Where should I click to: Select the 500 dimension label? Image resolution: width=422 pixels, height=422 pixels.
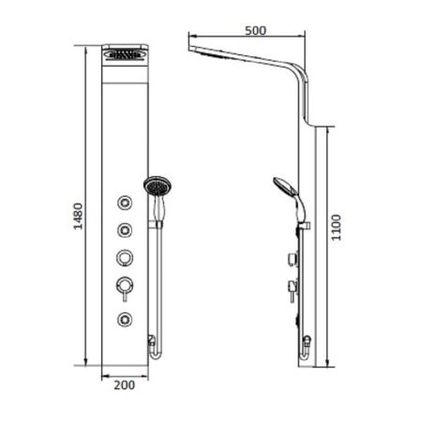click(254, 29)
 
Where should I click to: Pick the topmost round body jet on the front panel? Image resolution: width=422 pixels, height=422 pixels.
click(124, 203)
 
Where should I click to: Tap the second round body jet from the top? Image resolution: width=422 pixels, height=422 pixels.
click(124, 229)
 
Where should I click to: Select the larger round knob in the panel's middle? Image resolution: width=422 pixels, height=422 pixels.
click(124, 256)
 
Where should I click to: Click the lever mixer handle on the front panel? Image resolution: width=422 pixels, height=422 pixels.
click(124, 285)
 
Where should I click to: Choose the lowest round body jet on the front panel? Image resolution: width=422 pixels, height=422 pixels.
click(124, 319)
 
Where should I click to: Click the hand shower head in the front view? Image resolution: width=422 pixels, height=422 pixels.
click(155, 188)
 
